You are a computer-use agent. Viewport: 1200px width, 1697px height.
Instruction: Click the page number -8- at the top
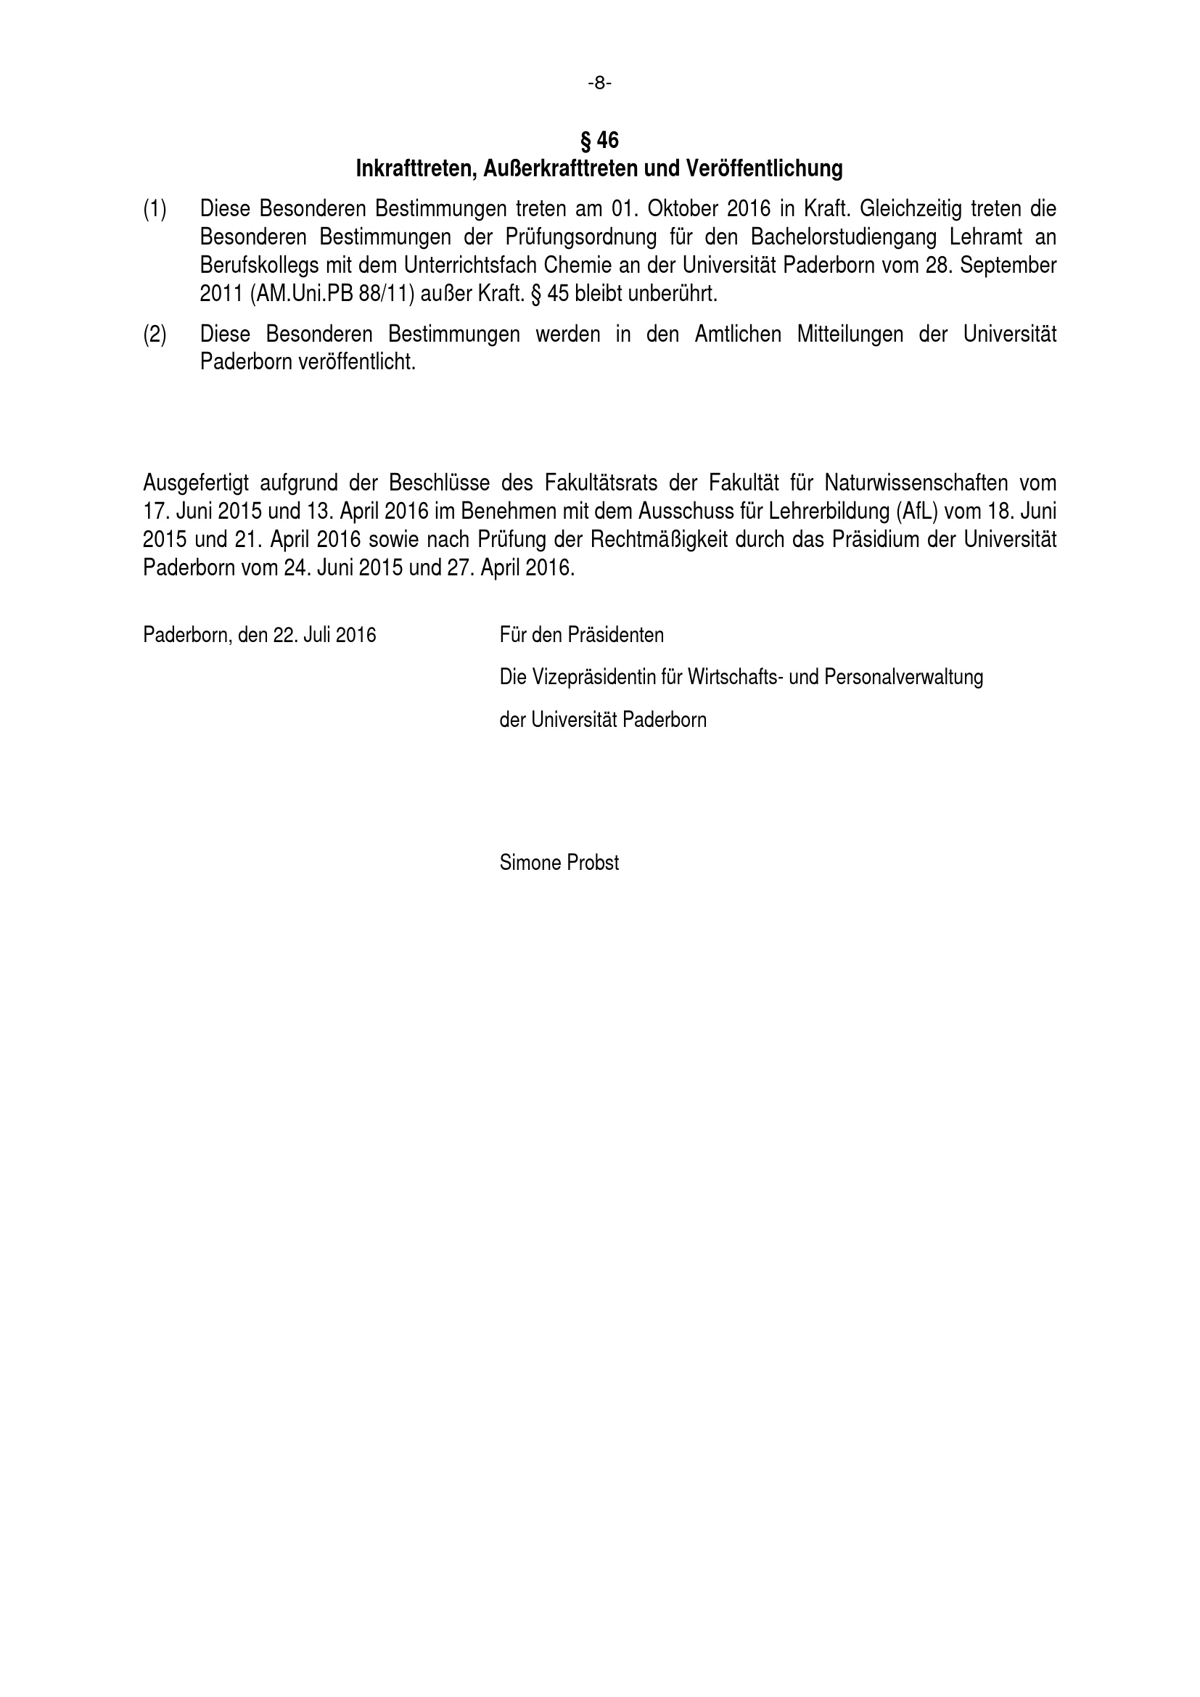(599, 83)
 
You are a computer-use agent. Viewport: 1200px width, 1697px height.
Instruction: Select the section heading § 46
(599, 140)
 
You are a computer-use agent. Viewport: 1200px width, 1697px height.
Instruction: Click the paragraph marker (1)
(155, 209)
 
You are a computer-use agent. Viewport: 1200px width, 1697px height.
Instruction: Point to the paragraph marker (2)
(155, 334)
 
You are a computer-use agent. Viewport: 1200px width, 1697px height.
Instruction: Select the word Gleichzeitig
(911, 209)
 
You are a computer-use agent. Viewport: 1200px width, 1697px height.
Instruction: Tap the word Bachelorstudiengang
(839, 237)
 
